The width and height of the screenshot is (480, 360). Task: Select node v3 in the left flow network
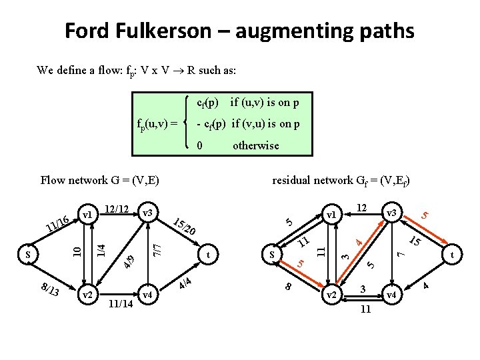click(x=148, y=213)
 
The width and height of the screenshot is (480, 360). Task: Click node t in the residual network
click(x=453, y=254)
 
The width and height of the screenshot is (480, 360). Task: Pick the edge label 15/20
click(x=184, y=227)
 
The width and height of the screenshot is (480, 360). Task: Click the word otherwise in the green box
click(x=255, y=145)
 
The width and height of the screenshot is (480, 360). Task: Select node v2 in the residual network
click(x=331, y=294)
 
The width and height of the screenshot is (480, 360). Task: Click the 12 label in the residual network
click(x=362, y=209)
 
